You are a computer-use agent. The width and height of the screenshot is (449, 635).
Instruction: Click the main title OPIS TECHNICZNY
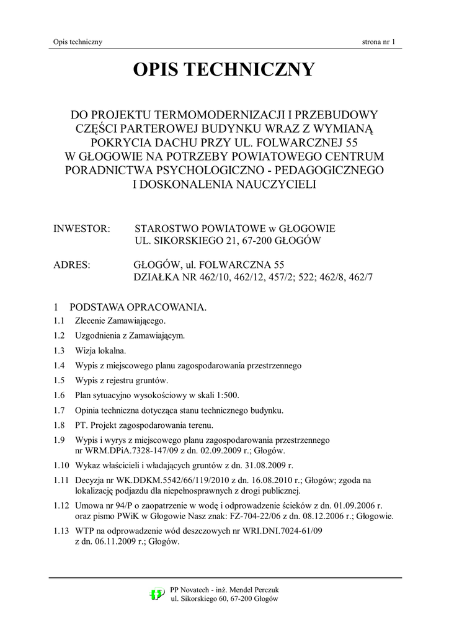(224, 70)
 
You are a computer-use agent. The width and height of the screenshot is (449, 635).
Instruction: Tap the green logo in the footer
(157, 594)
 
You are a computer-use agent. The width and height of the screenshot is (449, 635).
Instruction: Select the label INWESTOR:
(82, 229)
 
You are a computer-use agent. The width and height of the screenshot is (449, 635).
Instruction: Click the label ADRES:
(73, 265)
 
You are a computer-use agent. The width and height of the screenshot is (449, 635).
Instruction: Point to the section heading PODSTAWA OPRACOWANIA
(137, 308)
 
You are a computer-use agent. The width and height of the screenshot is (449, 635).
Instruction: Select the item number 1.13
(61, 532)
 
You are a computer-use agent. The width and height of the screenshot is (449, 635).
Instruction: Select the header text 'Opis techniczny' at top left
(78, 42)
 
